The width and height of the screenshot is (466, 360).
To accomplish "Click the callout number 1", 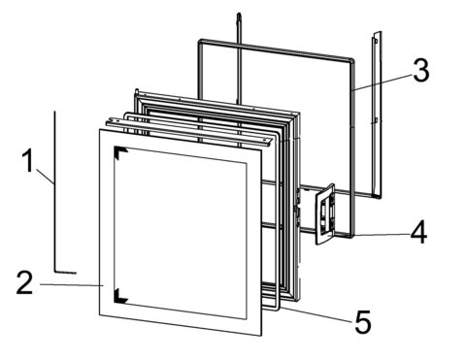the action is (28, 160).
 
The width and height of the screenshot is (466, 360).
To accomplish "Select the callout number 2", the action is (25, 282).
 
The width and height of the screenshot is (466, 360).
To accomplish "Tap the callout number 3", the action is (421, 70).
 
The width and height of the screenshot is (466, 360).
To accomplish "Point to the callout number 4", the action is (418, 232).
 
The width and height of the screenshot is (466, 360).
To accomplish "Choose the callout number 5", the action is (363, 322).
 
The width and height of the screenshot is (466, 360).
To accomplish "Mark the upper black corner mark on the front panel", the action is (120, 152).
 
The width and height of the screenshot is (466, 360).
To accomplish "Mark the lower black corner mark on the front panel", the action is (120, 297).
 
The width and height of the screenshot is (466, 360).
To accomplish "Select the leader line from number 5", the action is (316, 314).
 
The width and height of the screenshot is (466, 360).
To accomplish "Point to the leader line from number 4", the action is (380, 235).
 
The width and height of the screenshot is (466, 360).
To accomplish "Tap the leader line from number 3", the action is (382, 82).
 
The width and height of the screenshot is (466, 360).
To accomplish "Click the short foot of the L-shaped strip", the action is (66, 272).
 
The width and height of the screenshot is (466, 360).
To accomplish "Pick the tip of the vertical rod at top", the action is (239, 14).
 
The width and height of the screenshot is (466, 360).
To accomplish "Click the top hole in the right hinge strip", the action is (376, 41).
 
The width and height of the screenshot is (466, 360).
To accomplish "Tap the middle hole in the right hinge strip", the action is (375, 120).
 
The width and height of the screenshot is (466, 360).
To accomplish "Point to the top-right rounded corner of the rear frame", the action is (350, 60).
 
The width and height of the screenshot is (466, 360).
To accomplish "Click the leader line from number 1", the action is (45, 177).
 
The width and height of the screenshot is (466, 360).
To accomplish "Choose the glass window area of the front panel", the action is (181, 233).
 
